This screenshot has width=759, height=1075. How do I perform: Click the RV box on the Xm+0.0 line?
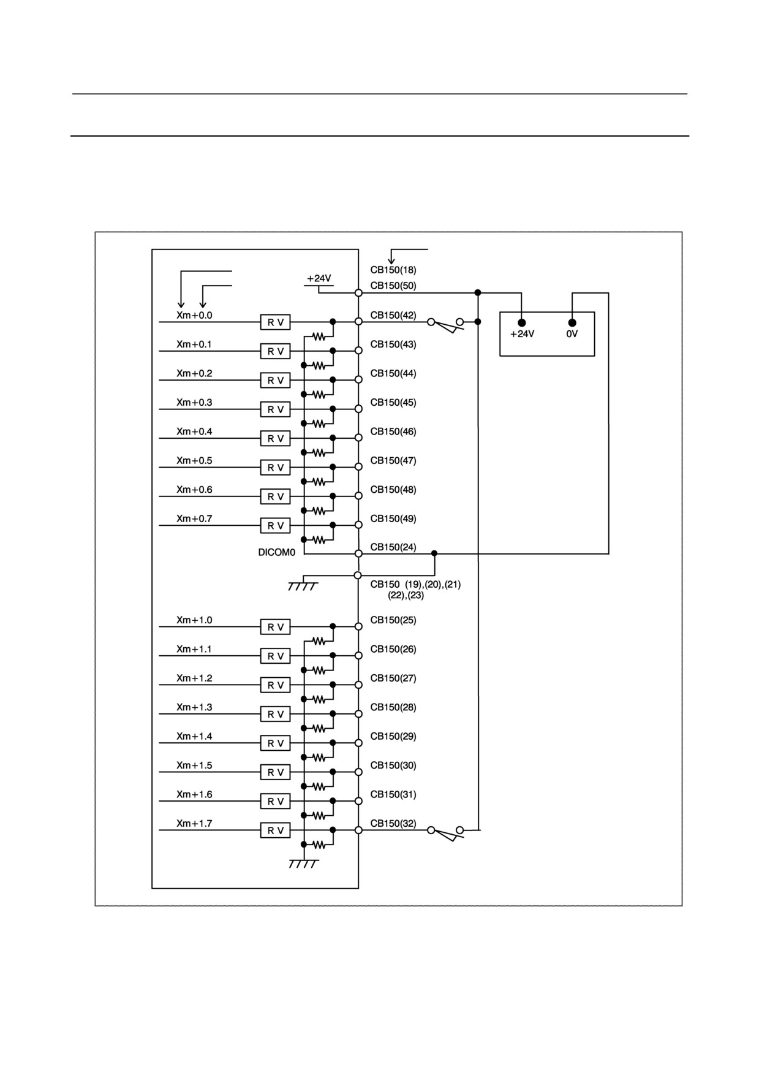click(276, 322)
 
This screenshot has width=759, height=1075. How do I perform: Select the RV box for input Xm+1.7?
click(276, 830)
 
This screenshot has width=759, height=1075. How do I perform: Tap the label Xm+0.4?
click(194, 431)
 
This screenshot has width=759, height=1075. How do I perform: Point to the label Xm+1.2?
click(194, 678)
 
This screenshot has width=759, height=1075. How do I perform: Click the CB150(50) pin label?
click(393, 286)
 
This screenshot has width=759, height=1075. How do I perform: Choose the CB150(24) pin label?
click(393, 547)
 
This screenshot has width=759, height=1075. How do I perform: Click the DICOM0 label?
click(277, 552)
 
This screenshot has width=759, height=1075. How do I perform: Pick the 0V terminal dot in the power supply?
click(572, 323)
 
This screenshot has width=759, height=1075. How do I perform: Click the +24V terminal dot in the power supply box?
click(522, 323)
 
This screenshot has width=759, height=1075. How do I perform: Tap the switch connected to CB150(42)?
click(446, 325)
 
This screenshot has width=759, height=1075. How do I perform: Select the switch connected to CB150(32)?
click(446, 833)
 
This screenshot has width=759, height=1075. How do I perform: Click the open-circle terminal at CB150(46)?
click(358, 438)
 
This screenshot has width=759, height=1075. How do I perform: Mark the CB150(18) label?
click(393, 270)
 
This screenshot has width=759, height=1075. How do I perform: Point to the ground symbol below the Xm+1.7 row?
click(304, 864)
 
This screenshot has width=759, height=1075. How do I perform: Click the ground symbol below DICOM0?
click(303, 586)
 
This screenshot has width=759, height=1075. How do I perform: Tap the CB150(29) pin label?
click(393, 736)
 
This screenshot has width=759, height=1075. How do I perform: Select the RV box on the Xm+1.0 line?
click(276, 627)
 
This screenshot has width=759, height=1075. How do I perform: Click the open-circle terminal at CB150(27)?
click(358, 685)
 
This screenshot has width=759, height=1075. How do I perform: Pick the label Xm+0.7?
click(194, 519)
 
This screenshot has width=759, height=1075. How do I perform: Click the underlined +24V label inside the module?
click(319, 279)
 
